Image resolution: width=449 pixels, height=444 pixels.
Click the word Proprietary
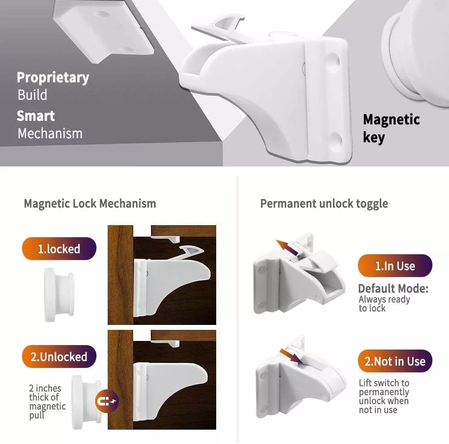click(53, 78)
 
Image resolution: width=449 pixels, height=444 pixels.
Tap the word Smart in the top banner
click(36, 116)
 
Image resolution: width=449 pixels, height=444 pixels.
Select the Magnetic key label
click(391, 128)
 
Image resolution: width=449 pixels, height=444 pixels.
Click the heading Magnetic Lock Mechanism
click(90, 204)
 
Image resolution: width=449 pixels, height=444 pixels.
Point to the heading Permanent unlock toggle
click(324, 204)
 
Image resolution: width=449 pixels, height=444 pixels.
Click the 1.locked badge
click(59, 248)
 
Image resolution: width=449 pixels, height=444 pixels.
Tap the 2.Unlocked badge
click(59, 357)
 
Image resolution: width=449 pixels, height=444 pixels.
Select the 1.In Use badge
click(395, 266)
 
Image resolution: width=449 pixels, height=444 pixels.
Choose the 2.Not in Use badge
click(395, 361)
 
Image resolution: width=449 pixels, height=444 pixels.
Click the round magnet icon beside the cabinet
click(106, 401)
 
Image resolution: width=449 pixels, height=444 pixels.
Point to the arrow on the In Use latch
click(288, 248)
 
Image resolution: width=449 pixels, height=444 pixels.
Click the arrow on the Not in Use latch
click(291, 356)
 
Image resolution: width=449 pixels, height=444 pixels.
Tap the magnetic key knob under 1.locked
click(59, 295)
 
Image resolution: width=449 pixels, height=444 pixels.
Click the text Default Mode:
click(393, 289)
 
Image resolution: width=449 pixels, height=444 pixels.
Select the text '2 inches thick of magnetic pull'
click(47, 401)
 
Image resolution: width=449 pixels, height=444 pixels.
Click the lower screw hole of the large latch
click(335, 140)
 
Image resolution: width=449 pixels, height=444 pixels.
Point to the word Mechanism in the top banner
click(50, 133)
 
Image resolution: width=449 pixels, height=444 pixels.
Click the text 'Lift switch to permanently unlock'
click(384, 392)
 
